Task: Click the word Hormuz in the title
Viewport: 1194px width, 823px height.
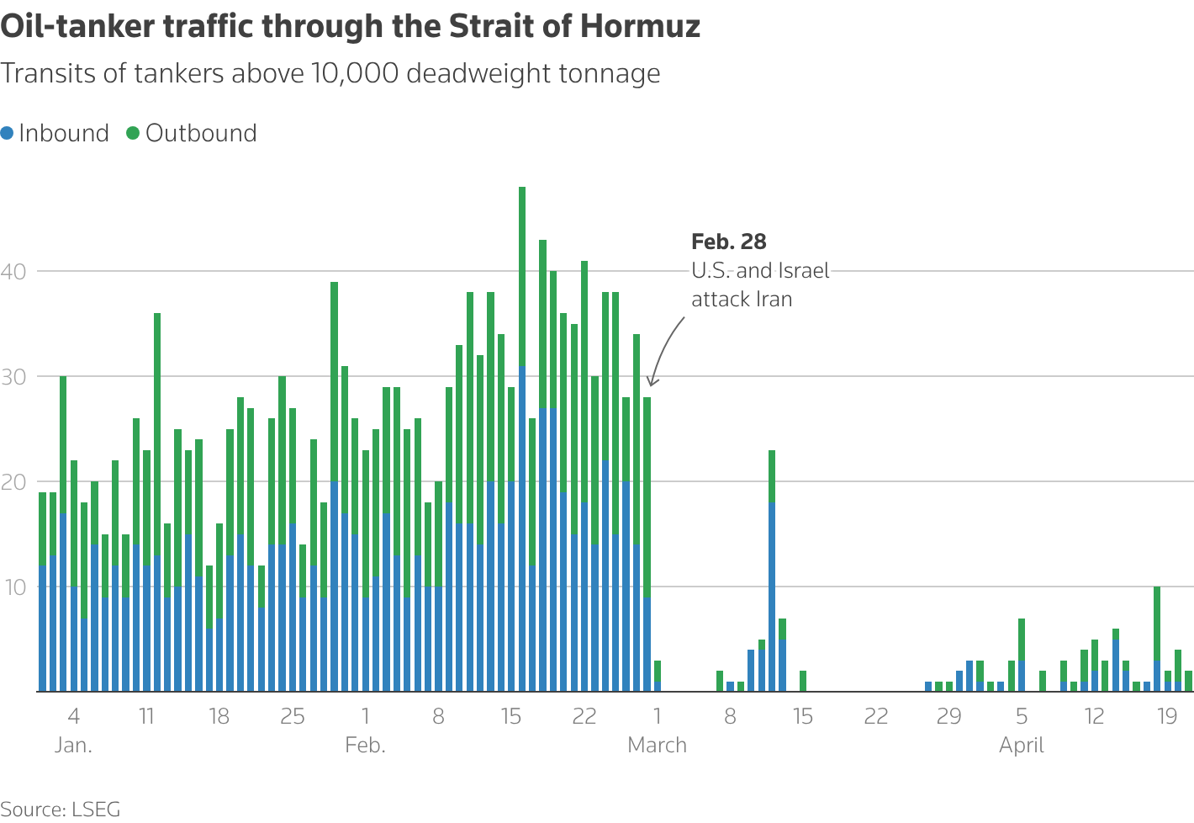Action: tap(641, 27)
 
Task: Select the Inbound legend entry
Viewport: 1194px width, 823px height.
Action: tap(55, 133)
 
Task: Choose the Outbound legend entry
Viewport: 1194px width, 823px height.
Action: tap(192, 133)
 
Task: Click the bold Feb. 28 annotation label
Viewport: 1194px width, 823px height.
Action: tap(728, 242)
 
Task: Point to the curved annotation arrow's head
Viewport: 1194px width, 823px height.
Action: tap(651, 384)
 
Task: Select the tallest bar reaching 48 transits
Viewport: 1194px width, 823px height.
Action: tap(522, 438)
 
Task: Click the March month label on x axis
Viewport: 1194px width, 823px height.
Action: tap(657, 746)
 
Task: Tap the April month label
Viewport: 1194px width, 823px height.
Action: tap(1021, 746)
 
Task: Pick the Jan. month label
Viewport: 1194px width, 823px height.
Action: tap(73, 746)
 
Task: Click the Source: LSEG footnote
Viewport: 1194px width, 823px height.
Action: tap(61, 810)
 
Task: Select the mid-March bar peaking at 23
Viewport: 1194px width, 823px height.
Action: tap(772, 572)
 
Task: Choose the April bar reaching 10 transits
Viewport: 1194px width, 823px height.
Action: tap(1157, 640)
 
